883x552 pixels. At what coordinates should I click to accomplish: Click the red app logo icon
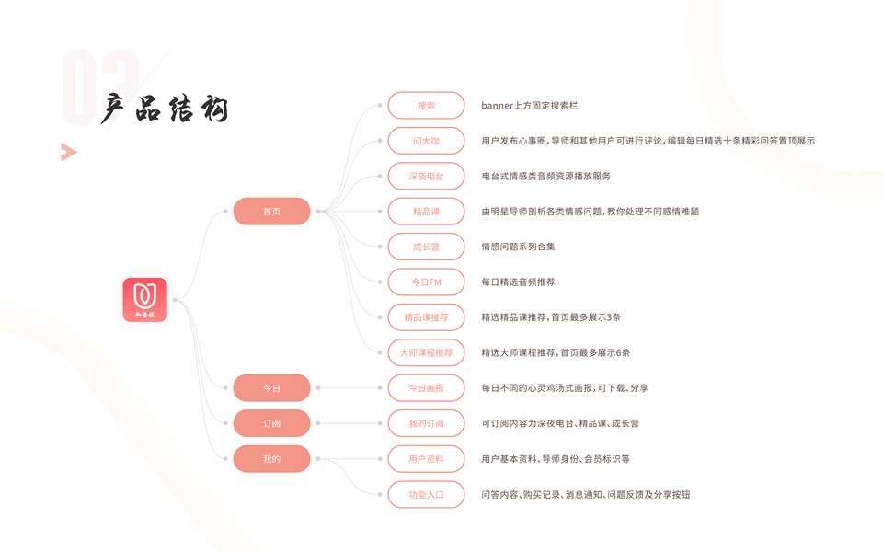(144, 300)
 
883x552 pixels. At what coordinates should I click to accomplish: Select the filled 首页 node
(271, 212)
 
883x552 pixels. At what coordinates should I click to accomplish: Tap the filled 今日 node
(271, 388)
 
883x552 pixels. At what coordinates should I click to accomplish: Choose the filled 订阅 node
(271, 423)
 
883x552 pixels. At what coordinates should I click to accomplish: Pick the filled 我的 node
(271, 458)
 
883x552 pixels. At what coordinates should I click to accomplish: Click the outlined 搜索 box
(426, 106)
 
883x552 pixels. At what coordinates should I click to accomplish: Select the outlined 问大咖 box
(426, 141)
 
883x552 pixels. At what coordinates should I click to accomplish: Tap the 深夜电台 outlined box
(426, 176)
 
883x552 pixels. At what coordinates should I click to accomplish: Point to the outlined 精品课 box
(426, 212)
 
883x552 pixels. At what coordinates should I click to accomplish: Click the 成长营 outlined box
(426, 247)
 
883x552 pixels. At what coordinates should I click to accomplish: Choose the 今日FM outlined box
(426, 282)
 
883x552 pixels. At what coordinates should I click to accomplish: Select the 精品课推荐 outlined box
(426, 317)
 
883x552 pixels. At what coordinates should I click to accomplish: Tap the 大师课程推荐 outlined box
(426, 352)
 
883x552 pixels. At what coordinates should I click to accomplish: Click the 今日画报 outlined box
(426, 388)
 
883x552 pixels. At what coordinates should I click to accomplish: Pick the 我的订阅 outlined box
(426, 423)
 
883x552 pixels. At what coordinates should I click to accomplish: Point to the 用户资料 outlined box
(426, 458)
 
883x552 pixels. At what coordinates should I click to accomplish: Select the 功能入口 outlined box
(426, 494)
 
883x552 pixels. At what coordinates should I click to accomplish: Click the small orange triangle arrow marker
(67, 152)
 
